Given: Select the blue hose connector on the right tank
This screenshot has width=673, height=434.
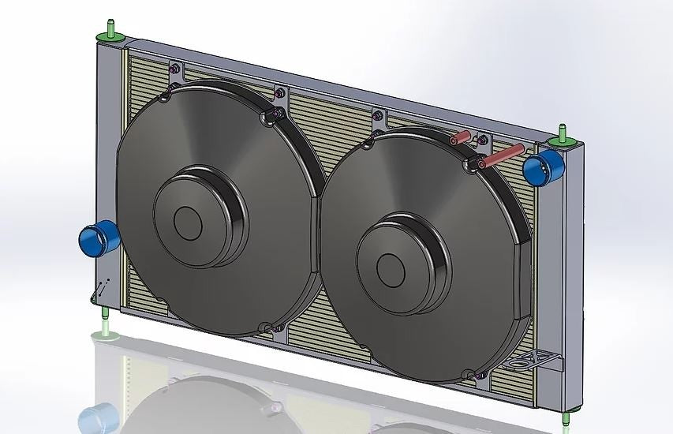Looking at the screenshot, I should (544, 166).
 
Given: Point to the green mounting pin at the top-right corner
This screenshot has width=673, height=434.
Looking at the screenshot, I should (563, 136).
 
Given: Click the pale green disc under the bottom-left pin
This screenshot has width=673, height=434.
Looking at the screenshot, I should (106, 336).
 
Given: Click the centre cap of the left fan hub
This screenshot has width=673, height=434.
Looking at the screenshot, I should (189, 223).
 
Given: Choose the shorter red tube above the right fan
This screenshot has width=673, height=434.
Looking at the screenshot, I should (461, 138).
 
